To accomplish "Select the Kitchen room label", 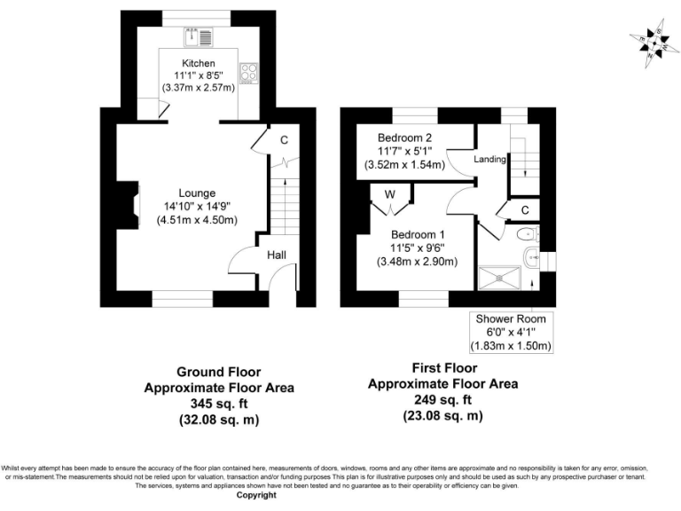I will (199, 63).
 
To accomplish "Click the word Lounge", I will (197, 193).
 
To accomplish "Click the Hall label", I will (277, 255).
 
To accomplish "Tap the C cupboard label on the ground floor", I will (284, 140).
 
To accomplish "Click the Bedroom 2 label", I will (404, 138).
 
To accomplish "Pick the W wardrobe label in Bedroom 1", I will (389, 194).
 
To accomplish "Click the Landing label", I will (489, 160).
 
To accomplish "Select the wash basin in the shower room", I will (531, 258).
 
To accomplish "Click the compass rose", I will (653, 42).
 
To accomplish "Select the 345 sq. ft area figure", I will (219, 404).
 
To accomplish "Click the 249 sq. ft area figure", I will (442, 399).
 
